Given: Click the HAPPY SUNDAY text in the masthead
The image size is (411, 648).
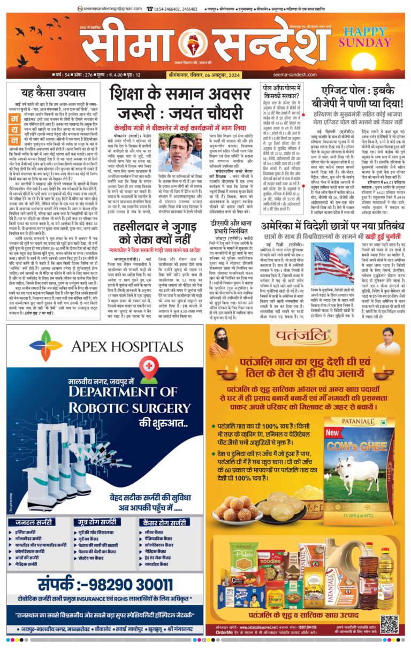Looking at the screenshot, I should click(x=369, y=37).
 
